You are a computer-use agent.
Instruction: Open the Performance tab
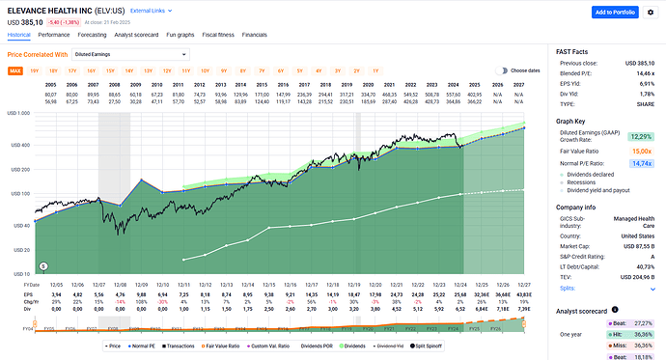pos(53,33)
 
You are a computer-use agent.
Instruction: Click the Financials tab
pos(255,33)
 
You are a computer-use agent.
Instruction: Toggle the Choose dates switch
pos(501,70)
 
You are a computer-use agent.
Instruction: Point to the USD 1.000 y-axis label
pos(19,114)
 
